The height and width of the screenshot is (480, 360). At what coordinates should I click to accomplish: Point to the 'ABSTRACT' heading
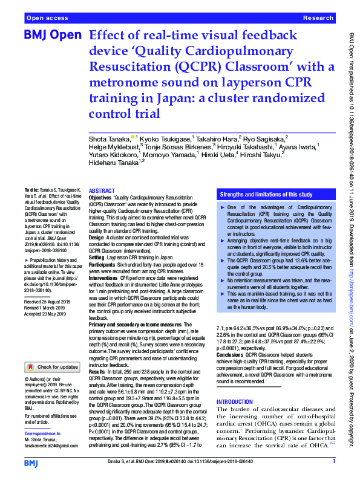(x=102, y=190)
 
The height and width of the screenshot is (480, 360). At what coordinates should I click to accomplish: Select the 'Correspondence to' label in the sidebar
(x=44, y=433)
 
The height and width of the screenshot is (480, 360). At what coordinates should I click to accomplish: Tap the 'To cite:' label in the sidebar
(x=34, y=190)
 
